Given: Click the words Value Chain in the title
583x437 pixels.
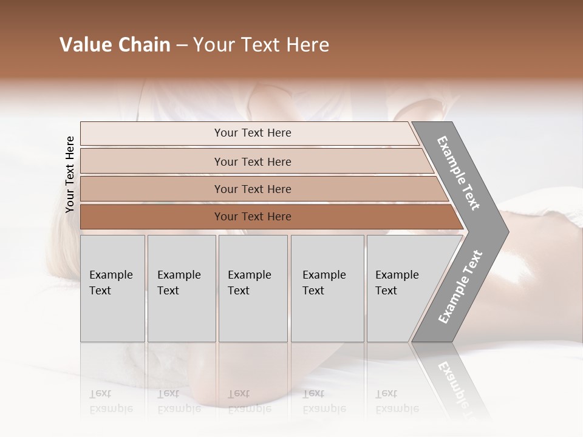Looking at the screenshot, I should pyautogui.click(x=115, y=45).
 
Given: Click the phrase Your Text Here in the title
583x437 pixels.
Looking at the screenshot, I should pyautogui.click(x=261, y=45).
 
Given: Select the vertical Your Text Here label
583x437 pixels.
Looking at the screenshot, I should pyautogui.click(x=70, y=175).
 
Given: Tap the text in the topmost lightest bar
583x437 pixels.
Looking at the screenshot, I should pyautogui.click(x=253, y=133).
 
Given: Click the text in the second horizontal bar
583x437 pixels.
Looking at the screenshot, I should pyautogui.click(x=253, y=162).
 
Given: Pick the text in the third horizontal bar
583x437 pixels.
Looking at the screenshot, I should pyautogui.click(x=253, y=189).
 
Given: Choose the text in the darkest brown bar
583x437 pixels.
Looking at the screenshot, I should pyautogui.click(x=253, y=217).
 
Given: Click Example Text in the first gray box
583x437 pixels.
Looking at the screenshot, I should pyautogui.click(x=111, y=283).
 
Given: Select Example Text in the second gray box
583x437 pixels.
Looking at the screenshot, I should pyautogui.click(x=179, y=283).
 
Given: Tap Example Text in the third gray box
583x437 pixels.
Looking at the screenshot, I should pyautogui.click(x=249, y=283).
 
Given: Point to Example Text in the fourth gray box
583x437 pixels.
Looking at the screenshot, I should pyautogui.click(x=324, y=283).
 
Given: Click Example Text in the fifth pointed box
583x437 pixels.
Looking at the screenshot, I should pyautogui.click(x=397, y=283).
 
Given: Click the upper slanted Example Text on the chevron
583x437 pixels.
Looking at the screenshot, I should pyautogui.click(x=459, y=173).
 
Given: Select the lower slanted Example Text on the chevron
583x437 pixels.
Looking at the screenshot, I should pyautogui.click(x=460, y=287).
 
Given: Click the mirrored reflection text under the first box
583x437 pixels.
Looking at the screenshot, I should pyautogui.click(x=111, y=401).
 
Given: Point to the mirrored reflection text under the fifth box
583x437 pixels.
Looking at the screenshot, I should pyautogui.click(x=397, y=401).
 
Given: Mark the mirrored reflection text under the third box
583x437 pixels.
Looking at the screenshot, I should pyautogui.click(x=249, y=401).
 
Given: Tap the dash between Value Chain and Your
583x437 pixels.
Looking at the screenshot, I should pyautogui.click(x=182, y=46).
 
